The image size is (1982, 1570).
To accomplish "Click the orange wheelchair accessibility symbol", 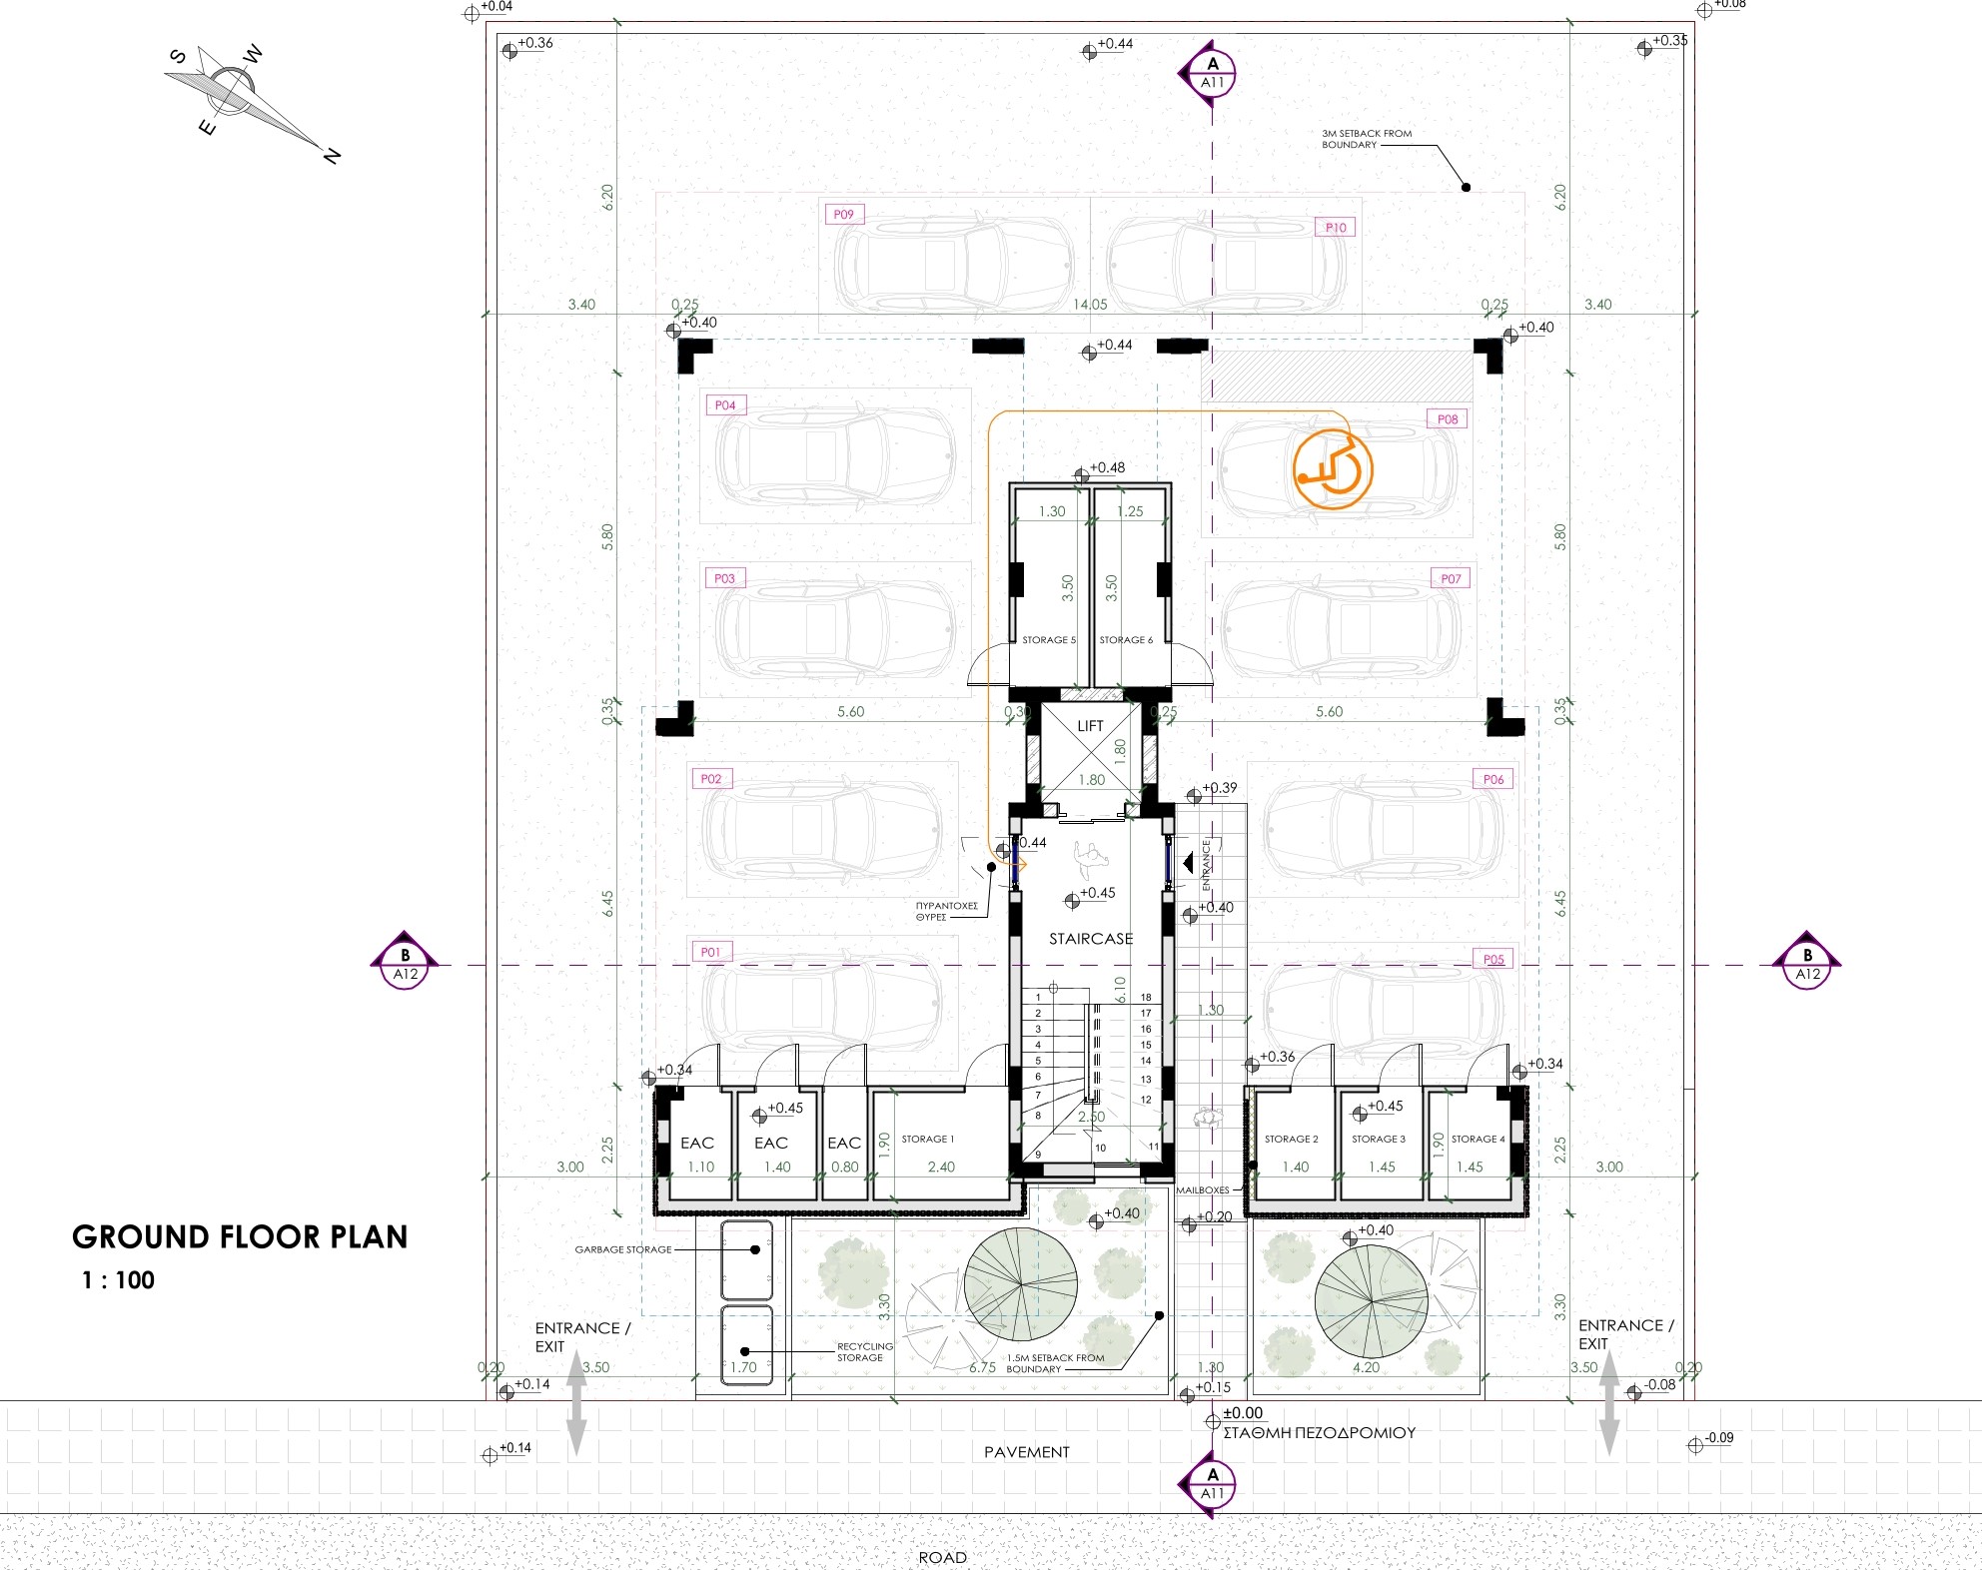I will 1333,469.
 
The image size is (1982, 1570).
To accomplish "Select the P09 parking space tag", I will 843,214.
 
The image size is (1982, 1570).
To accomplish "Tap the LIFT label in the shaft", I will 1090,726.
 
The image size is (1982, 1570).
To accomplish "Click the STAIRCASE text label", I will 1091,939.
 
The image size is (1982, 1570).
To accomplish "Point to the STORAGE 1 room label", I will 927,1139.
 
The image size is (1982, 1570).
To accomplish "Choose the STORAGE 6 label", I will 1126,640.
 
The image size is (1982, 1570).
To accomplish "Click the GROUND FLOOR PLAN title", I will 240,1237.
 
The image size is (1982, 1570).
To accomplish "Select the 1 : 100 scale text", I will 118,1280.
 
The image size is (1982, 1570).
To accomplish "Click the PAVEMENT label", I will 1026,1452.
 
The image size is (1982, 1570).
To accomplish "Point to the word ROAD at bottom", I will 942,1557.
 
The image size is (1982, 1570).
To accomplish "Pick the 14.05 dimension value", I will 1089,305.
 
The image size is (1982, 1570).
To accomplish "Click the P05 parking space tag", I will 1492,959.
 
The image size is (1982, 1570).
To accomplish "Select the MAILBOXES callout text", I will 1202,1190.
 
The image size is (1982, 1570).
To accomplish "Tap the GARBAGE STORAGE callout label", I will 622,1249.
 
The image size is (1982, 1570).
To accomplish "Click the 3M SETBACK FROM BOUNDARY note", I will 1366,139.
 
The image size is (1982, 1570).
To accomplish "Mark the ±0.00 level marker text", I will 1243,1413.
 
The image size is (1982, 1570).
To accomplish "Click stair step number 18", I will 1146,997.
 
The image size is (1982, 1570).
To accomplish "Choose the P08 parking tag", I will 1447,419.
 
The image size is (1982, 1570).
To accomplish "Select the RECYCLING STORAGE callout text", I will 863,1352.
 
